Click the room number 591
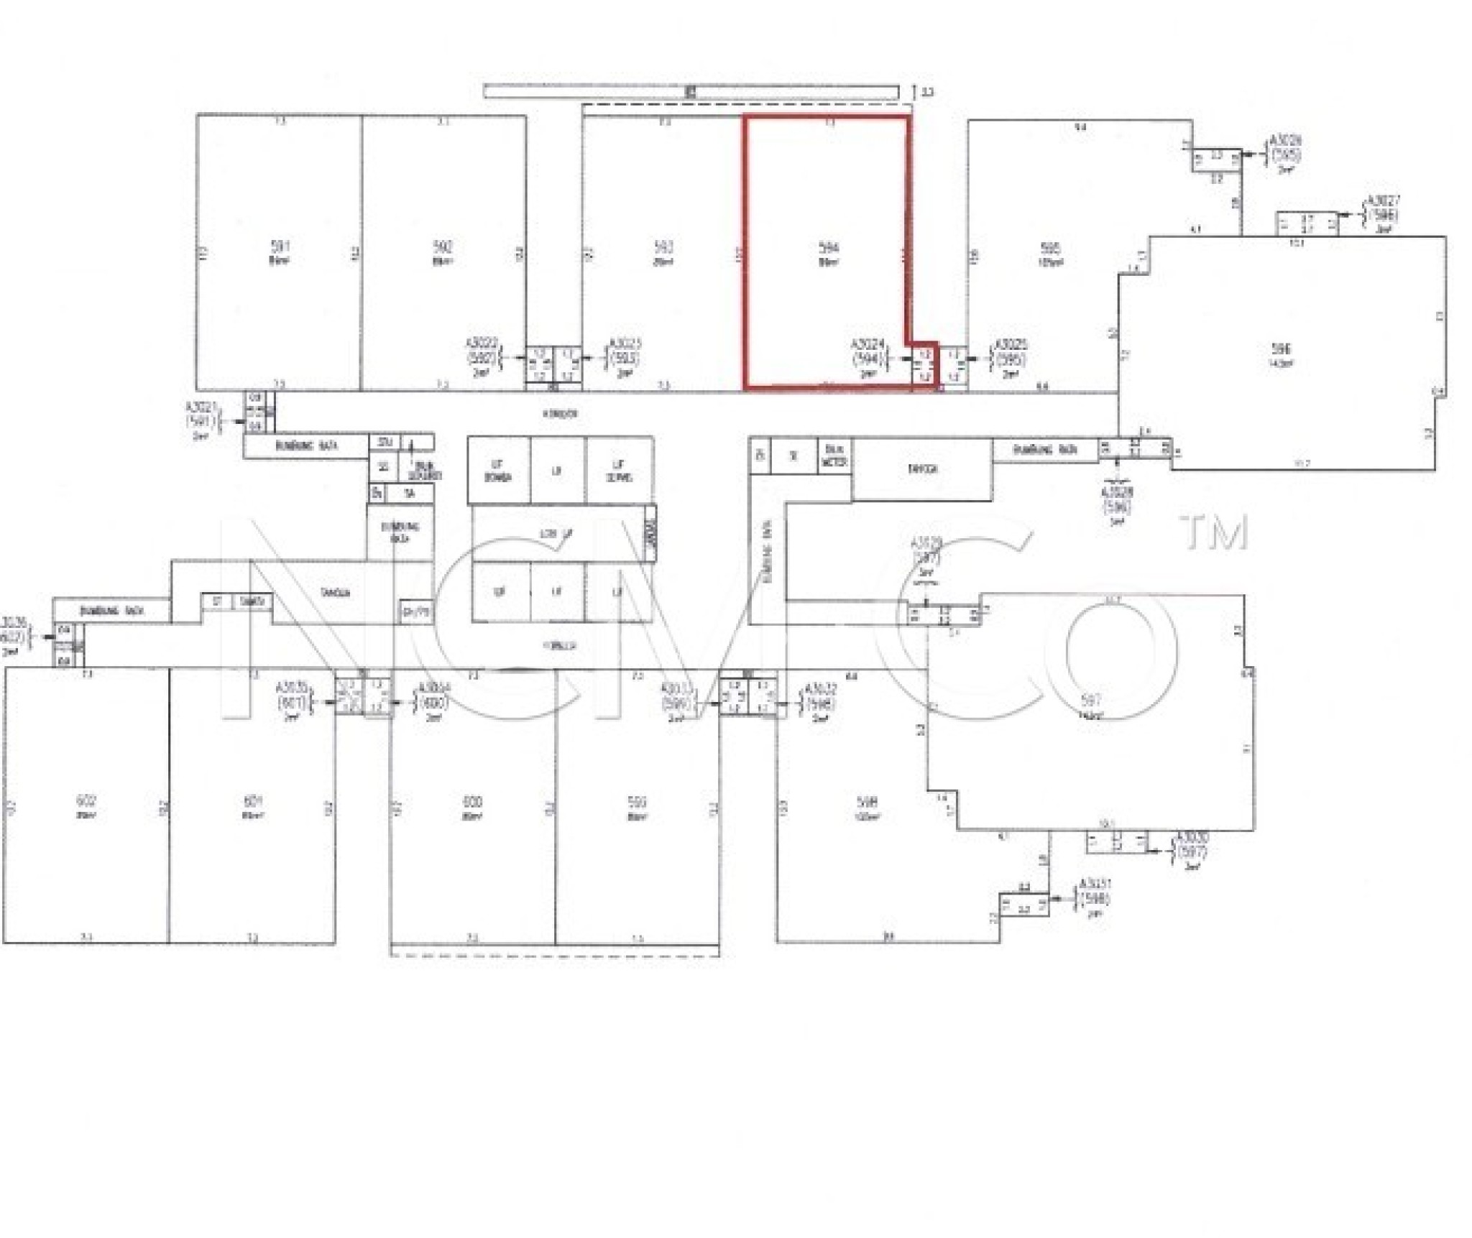(x=280, y=246)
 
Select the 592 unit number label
(x=443, y=246)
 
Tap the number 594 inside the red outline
(x=829, y=247)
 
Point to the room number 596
(x=1281, y=349)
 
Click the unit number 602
(x=86, y=800)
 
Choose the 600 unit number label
(x=472, y=801)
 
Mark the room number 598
(x=868, y=802)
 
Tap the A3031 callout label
(x=1095, y=883)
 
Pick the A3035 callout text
(x=292, y=688)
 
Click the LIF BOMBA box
(x=498, y=471)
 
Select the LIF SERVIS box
(x=619, y=471)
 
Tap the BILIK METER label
(x=834, y=456)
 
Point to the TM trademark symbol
(x=1214, y=532)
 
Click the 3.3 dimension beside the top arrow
(x=928, y=92)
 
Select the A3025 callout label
(x=1010, y=346)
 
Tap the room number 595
(x=1050, y=249)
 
